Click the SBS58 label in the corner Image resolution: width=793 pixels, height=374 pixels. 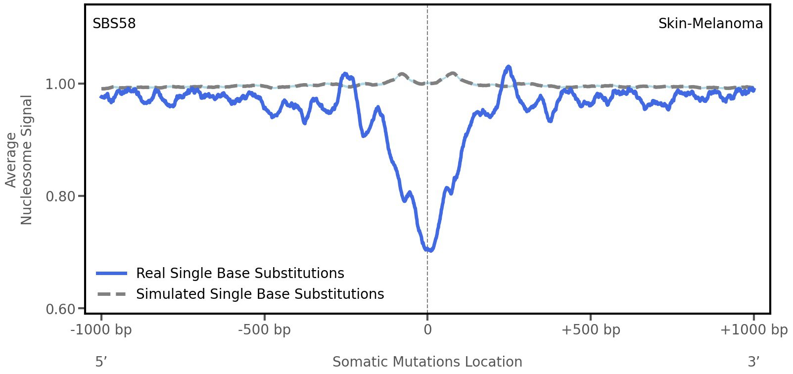click(114, 24)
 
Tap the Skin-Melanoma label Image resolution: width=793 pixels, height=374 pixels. click(710, 24)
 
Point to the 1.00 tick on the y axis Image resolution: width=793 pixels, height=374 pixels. click(61, 84)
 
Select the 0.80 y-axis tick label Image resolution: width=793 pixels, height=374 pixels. click(61, 196)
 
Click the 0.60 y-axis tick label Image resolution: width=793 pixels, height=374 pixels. click(61, 309)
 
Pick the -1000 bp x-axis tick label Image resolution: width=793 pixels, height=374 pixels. click(101, 330)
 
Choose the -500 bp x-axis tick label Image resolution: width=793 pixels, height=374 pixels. click(264, 330)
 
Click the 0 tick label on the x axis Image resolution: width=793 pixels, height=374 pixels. click(427, 330)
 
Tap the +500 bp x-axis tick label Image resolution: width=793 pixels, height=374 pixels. click(590, 330)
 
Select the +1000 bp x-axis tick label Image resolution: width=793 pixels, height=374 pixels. click(753, 330)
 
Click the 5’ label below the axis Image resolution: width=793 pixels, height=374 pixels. click(101, 362)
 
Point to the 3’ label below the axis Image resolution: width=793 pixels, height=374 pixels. click(753, 362)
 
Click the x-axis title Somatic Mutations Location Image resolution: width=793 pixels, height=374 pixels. click(427, 362)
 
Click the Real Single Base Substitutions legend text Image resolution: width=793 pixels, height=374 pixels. click(240, 274)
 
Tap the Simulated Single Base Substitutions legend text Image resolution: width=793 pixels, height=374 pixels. click(260, 294)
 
